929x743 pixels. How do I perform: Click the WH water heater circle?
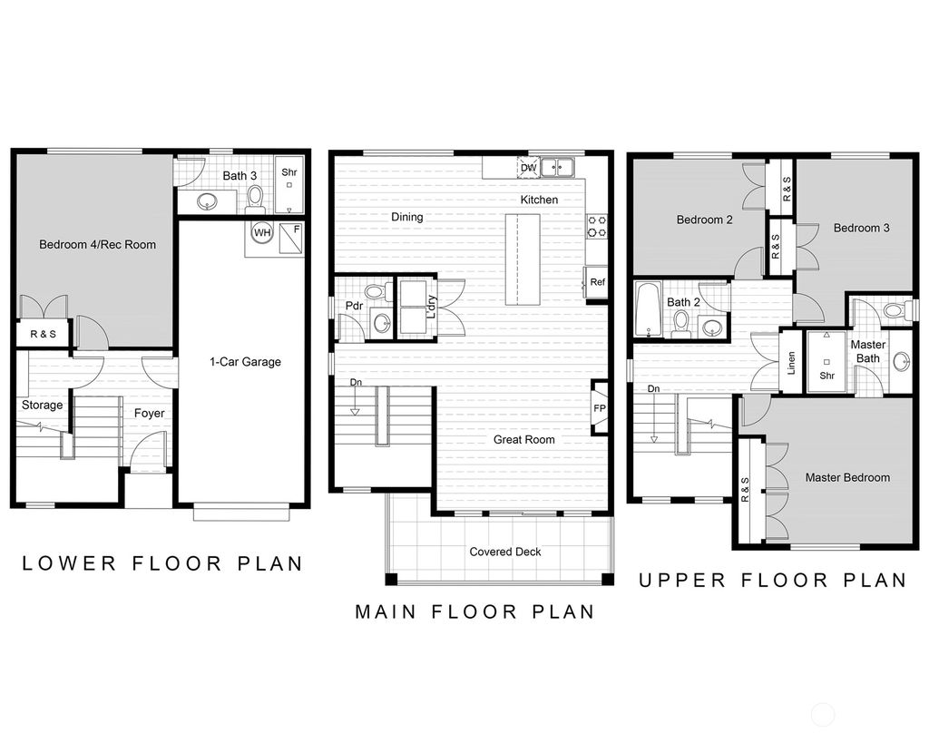click(x=261, y=232)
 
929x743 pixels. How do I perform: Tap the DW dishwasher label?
click(x=528, y=168)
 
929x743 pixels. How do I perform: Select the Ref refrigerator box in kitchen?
click(x=597, y=282)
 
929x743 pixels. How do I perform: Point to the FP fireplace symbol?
click(x=600, y=407)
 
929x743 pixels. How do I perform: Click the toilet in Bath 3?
click(x=255, y=196)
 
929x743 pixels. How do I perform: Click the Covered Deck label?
click(x=504, y=552)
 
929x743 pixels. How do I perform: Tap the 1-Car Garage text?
click(x=245, y=361)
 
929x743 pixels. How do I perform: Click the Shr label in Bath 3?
click(x=288, y=171)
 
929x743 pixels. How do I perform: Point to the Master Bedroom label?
click(x=847, y=477)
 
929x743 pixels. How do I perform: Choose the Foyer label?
click(x=150, y=413)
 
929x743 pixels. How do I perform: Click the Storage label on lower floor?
click(x=43, y=405)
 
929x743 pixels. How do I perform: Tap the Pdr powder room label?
click(x=354, y=306)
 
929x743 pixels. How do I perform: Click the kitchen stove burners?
click(x=597, y=226)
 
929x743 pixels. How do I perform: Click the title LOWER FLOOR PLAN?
click(x=162, y=562)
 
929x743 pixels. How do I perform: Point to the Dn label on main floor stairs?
click(x=357, y=383)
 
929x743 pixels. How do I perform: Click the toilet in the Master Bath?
click(x=895, y=311)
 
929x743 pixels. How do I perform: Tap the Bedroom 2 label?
click(x=704, y=220)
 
